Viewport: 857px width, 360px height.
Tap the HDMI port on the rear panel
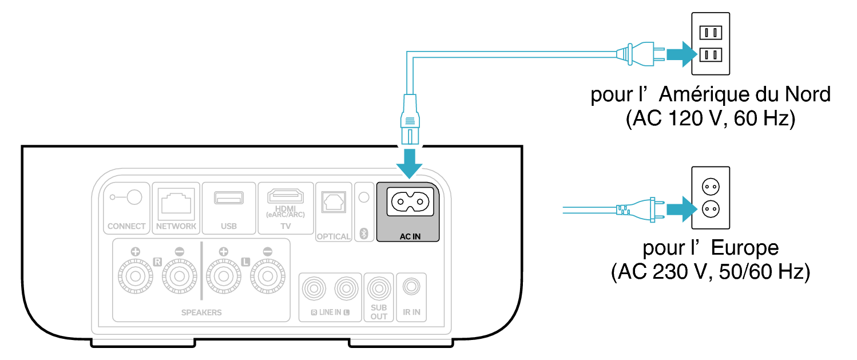pyautogui.click(x=285, y=197)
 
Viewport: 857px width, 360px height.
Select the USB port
pyautogui.click(x=228, y=198)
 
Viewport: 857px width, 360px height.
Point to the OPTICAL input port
pyautogui.click(x=333, y=201)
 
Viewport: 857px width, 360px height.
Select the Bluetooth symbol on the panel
pyautogui.click(x=363, y=233)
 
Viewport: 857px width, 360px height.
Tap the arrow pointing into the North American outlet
pyautogui.click(x=679, y=54)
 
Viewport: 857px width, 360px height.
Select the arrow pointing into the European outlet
pyautogui.click(x=679, y=210)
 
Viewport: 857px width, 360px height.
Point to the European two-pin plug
pyautogui.click(x=638, y=210)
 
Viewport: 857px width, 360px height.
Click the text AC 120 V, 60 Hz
pyautogui.click(x=711, y=119)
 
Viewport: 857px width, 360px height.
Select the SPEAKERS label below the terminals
pyautogui.click(x=201, y=312)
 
